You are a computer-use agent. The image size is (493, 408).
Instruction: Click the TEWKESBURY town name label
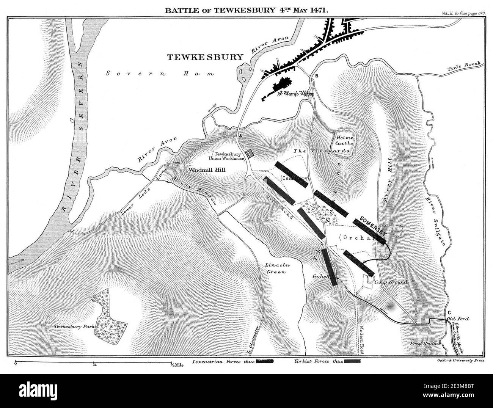coord(205,57)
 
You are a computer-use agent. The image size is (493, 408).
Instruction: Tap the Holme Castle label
coord(344,141)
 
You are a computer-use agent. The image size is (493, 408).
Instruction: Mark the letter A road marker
coord(239,136)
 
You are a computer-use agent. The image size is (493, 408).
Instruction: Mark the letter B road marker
coord(316,77)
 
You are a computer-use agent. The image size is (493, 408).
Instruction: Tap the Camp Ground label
coord(391,282)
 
